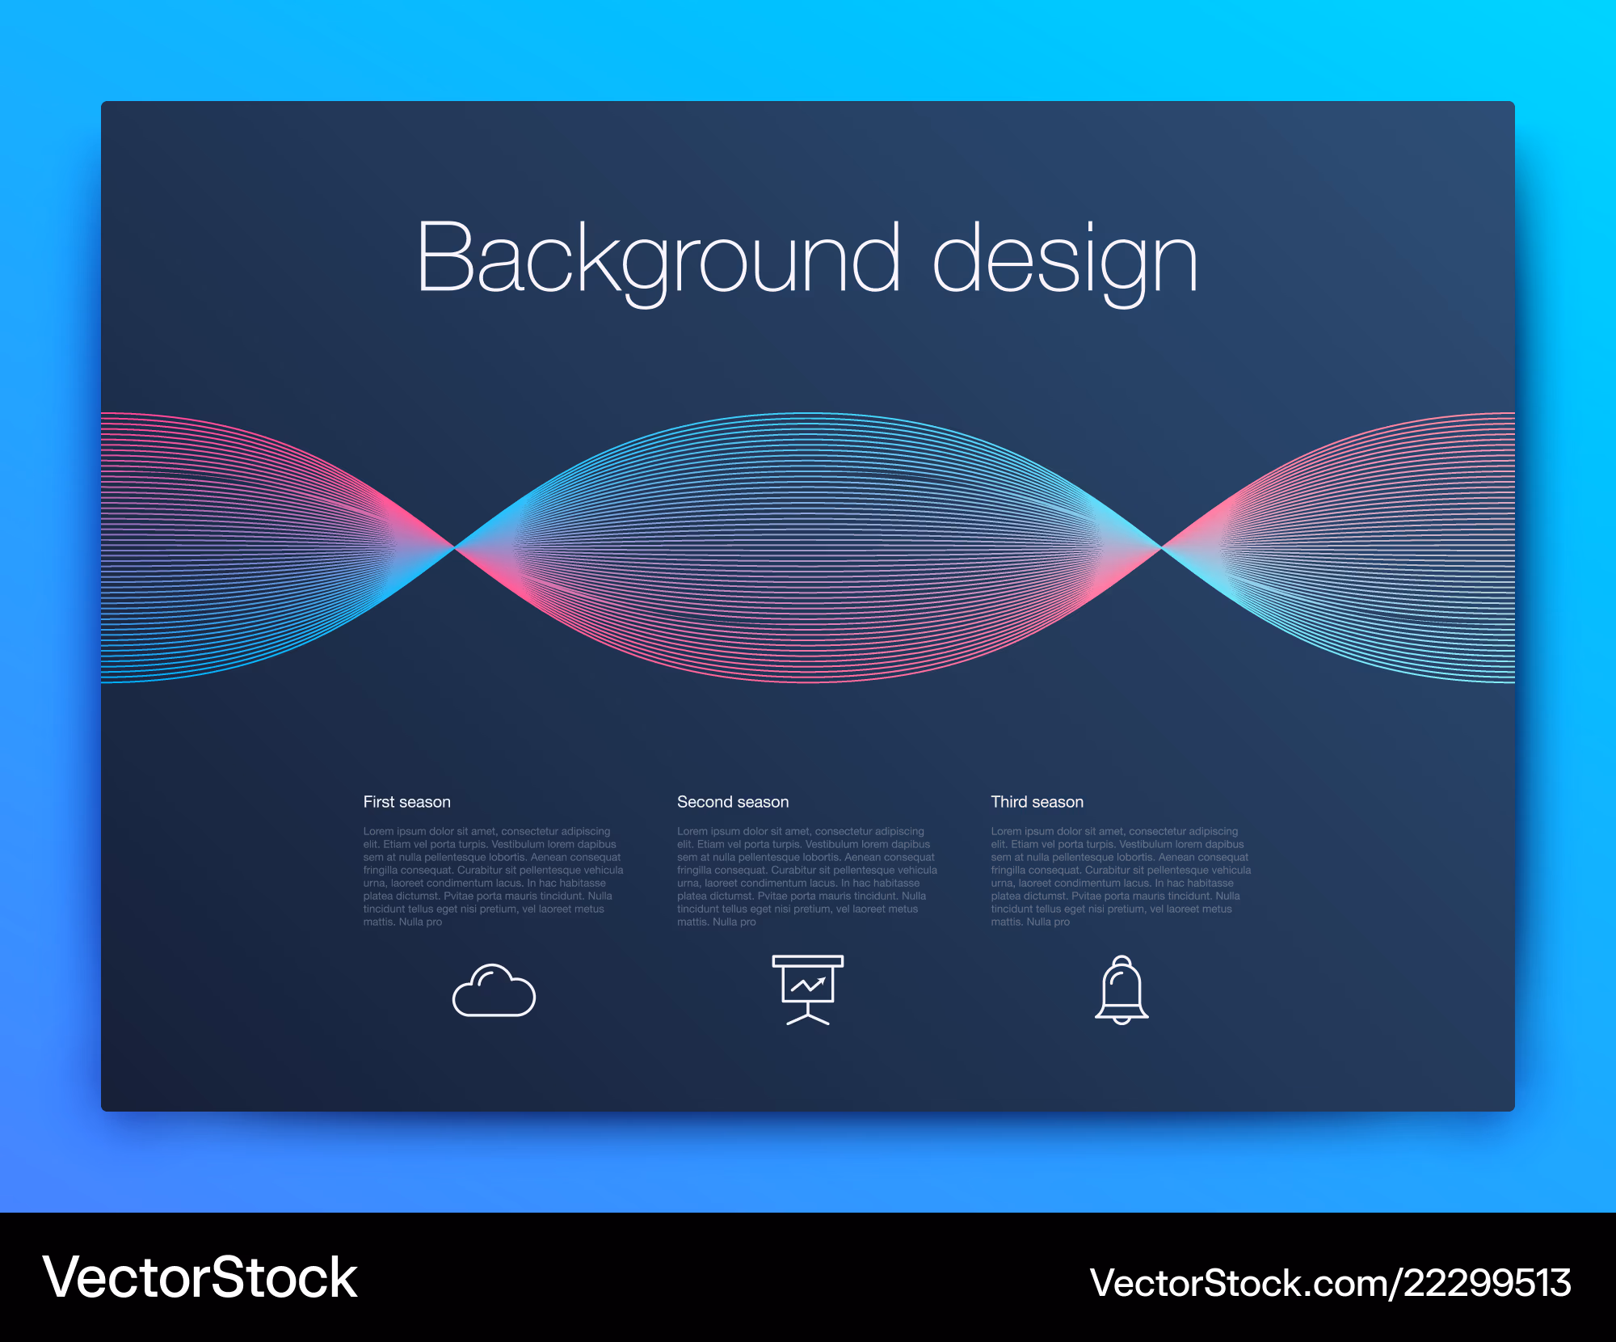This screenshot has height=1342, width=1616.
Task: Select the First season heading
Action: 406,802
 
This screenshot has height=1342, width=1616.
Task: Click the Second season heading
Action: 733,802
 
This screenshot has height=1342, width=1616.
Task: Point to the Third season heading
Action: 1037,802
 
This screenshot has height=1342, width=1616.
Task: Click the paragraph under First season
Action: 493,876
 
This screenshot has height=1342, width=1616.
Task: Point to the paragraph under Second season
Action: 807,876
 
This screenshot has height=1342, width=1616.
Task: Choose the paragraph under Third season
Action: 1121,876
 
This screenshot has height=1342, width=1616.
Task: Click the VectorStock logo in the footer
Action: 200,1278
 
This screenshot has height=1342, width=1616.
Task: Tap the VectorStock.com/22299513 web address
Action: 1330,1283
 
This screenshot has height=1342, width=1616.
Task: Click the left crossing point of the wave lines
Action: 455,548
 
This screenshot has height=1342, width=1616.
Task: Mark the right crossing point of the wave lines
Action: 1161,548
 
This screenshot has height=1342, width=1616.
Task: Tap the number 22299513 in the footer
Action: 1488,1283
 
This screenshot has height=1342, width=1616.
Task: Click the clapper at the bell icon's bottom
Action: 1122,1021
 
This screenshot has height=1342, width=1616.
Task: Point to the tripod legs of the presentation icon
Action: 808,1018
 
